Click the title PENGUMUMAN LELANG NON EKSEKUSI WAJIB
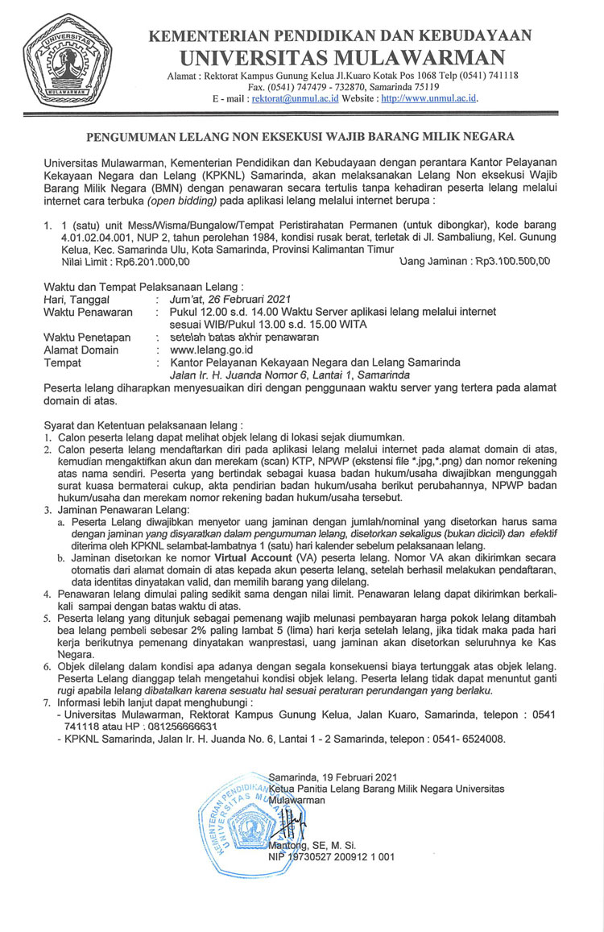[301, 137]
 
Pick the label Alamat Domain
[81, 350]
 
